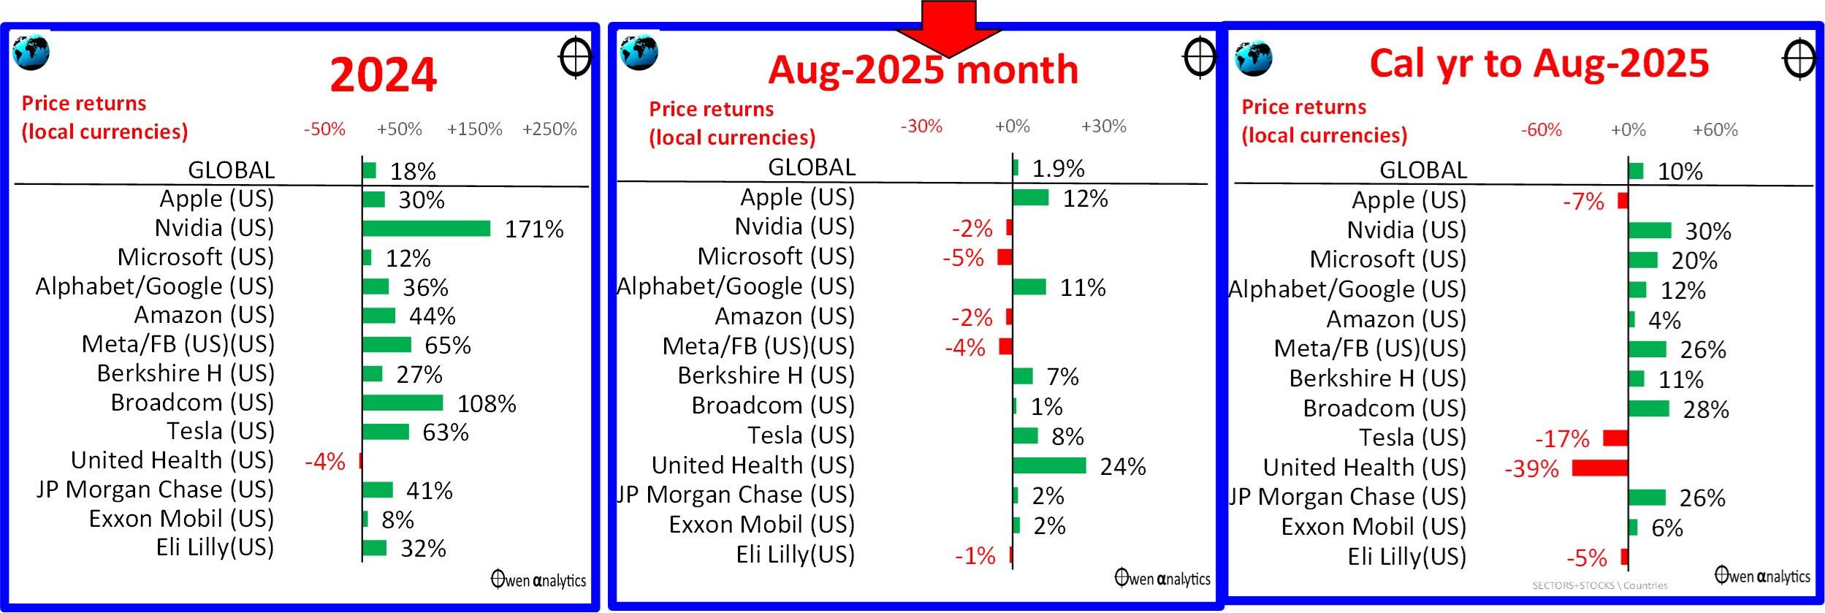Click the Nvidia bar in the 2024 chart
point(426,229)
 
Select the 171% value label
point(534,229)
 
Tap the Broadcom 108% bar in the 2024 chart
point(403,403)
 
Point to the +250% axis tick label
point(549,129)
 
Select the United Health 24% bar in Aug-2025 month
point(1049,465)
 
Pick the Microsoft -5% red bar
point(1005,256)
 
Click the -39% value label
point(1531,468)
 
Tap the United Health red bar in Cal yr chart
point(1600,468)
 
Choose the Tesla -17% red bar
point(1615,438)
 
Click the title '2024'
point(383,75)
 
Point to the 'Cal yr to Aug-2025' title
point(1539,64)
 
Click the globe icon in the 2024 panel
point(31,52)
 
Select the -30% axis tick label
point(921,126)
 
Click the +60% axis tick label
point(1715,130)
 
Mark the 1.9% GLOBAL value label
point(1058,169)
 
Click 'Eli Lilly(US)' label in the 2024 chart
point(215,548)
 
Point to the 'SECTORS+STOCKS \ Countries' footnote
point(1600,585)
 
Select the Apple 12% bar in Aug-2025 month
point(1031,197)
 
